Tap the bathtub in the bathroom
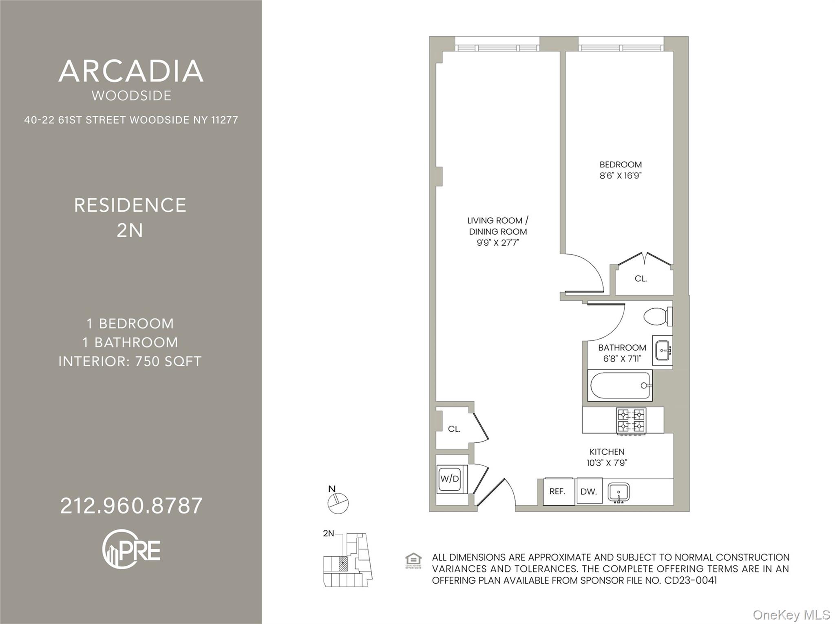pyautogui.click(x=620, y=385)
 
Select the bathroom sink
pyautogui.click(x=663, y=350)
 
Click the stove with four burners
pyautogui.click(x=631, y=421)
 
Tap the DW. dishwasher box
pyautogui.click(x=589, y=491)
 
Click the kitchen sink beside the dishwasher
pyautogui.click(x=619, y=493)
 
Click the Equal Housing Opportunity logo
pyautogui.click(x=413, y=561)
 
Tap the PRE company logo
pyautogui.click(x=131, y=549)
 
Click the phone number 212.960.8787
pyautogui.click(x=131, y=506)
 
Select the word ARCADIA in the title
pyautogui.click(x=131, y=71)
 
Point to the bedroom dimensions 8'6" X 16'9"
pyautogui.click(x=621, y=175)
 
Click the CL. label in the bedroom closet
pyautogui.click(x=641, y=279)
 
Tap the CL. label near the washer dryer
pyautogui.click(x=454, y=429)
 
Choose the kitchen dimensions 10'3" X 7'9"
pyautogui.click(x=607, y=463)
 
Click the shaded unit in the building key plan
pyautogui.click(x=343, y=564)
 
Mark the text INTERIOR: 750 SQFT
pyautogui.click(x=130, y=362)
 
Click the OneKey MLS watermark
pyautogui.click(x=791, y=615)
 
